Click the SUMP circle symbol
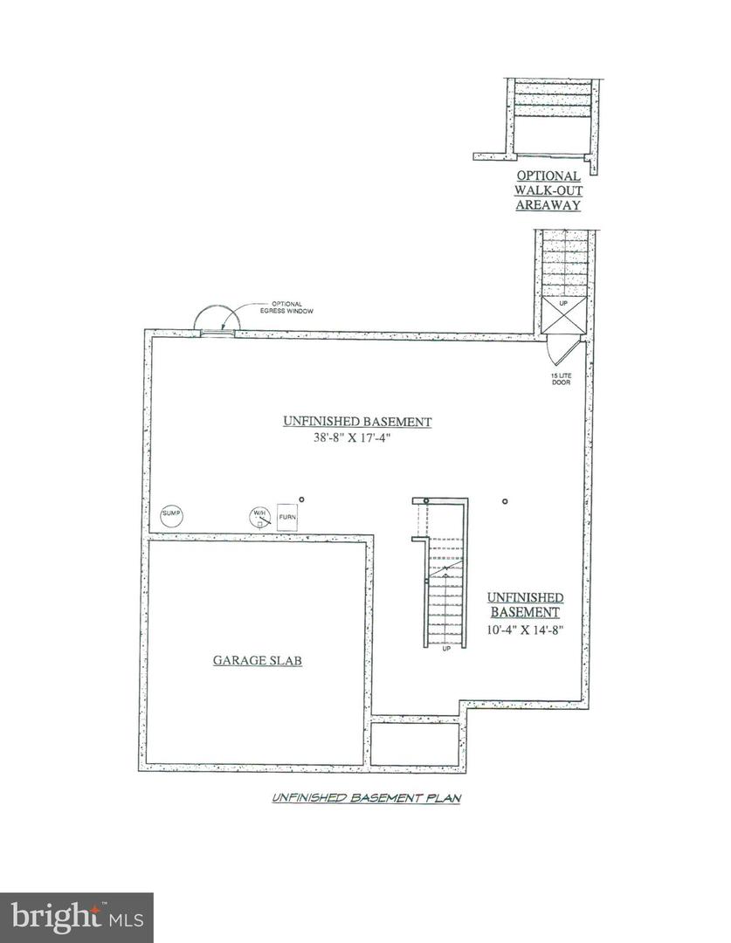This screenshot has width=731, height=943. click(171, 514)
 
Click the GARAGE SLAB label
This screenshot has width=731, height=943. click(258, 660)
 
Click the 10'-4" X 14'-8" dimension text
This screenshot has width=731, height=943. click(525, 630)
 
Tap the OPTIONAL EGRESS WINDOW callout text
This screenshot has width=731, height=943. click(286, 308)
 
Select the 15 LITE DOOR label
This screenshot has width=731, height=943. click(561, 379)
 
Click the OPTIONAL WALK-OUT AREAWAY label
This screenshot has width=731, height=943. click(548, 190)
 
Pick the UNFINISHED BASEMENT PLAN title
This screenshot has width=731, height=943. click(367, 798)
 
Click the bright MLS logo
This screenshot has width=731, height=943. click(77, 918)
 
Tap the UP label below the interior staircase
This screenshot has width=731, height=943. click(446, 649)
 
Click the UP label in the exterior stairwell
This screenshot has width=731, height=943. click(563, 303)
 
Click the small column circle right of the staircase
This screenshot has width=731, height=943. click(505, 501)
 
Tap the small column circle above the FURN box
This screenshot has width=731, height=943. click(302, 499)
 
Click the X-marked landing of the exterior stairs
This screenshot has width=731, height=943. click(563, 314)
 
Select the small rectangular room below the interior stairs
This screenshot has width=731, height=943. click(415, 744)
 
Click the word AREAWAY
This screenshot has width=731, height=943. click(548, 205)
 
